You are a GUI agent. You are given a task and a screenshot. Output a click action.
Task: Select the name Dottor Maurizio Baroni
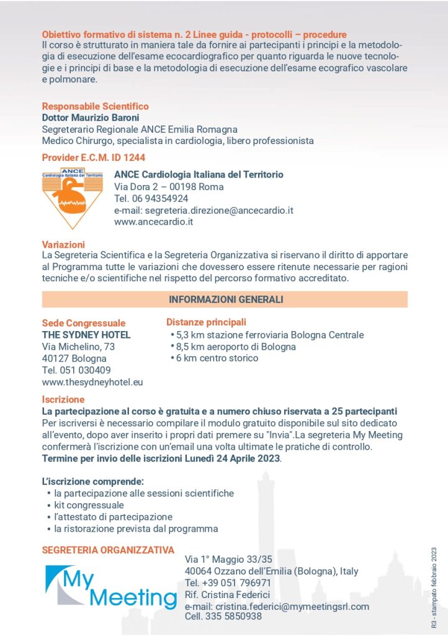(x=91, y=117)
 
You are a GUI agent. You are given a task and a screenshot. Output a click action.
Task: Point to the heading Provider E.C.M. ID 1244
(x=94, y=158)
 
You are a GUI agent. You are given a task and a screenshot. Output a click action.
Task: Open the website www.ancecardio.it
(x=154, y=222)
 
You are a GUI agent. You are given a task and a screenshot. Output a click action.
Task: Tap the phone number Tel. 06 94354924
(x=151, y=198)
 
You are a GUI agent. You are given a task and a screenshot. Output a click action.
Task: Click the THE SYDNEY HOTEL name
(x=86, y=335)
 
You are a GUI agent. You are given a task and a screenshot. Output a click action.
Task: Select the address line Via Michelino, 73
(x=78, y=347)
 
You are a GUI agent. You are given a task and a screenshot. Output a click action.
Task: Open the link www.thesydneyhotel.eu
(x=92, y=382)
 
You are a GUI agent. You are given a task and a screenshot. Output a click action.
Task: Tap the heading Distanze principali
(x=206, y=322)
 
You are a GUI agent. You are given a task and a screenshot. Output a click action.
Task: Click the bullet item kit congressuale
(x=89, y=505)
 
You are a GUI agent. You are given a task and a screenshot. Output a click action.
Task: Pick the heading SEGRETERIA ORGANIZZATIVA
(x=108, y=550)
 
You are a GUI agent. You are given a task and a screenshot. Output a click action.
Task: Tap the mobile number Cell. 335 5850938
(x=223, y=617)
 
